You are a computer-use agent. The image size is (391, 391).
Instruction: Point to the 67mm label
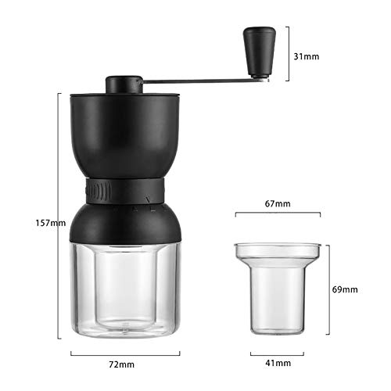click(x=278, y=203)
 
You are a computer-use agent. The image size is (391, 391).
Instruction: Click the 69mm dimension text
click(x=345, y=289)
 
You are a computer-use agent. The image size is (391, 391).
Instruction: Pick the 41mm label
click(x=278, y=364)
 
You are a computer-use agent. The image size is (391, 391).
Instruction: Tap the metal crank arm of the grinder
click(x=195, y=79)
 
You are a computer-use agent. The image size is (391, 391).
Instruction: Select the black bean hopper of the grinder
click(x=125, y=133)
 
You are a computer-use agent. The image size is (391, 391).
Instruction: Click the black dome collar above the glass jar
click(x=125, y=223)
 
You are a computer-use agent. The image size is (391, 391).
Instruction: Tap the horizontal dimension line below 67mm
click(x=278, y=213)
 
